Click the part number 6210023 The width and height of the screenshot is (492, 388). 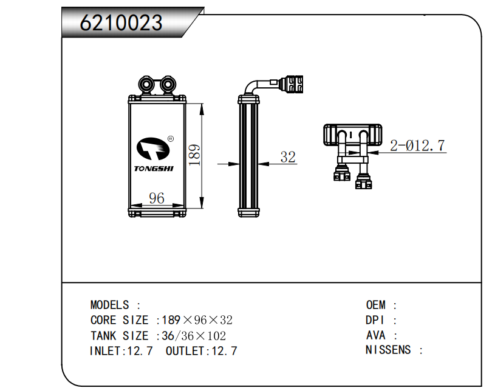[x=121, y=23]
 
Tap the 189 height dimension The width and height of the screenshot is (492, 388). [x=194, y=156]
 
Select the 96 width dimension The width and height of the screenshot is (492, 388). [x=157, y=198]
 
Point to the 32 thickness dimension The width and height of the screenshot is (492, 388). [x=288, y=157]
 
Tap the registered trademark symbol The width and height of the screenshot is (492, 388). [x=170, y=139]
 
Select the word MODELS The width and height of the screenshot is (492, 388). [x=109, y=305]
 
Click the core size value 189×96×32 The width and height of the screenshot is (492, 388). [x=197, y=320]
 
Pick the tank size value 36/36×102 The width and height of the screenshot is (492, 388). [x=194, y=335]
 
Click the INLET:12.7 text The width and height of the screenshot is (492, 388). [x=121, y=350]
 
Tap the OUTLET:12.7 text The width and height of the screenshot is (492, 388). [x=201, y=350]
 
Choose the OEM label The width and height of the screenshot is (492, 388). [x=375, y=305]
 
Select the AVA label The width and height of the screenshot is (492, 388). [x=375, y=335]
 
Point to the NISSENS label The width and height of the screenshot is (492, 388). [x=388, y=350]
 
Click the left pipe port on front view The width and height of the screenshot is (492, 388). [x=146, y=83]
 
